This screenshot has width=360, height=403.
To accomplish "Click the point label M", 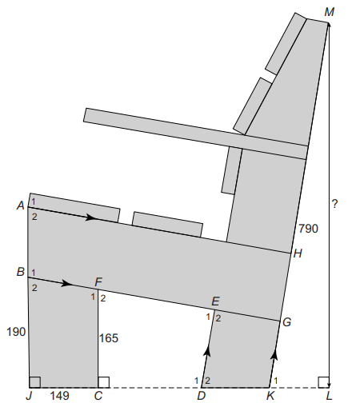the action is [330, 12].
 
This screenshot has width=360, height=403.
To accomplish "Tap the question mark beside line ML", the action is [335, 204].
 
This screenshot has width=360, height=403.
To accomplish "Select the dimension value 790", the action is [308, 229].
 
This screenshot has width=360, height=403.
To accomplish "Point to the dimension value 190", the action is [16, 332].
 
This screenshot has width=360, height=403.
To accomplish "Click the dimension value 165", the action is [109, 338].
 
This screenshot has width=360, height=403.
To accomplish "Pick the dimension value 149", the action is [59, 396].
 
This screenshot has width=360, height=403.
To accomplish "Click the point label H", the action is [298, 253].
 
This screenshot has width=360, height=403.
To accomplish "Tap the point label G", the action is [286, 322].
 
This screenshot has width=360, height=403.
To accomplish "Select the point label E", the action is [215, 301].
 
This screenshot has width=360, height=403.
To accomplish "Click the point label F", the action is [98, 282].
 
